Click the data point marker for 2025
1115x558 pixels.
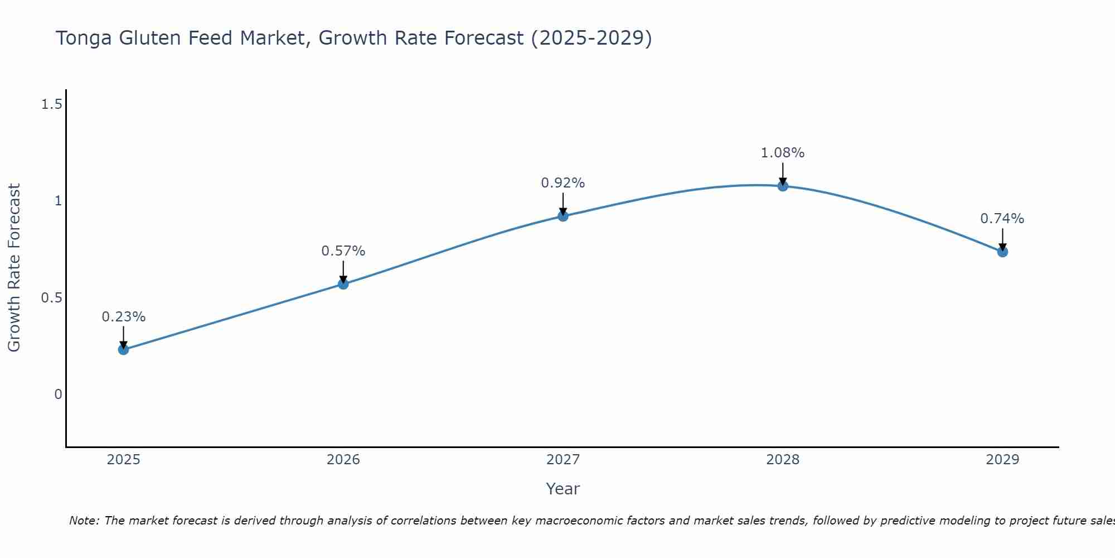(x=123, y=350)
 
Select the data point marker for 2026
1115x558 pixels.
(x=343, y=284)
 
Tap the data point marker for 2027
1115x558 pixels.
(x=563, y=216)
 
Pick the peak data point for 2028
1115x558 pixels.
(x=783, y=186)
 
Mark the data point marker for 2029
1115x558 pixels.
(x=1002, y=252)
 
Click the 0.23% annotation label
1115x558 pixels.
(x=123, y=317)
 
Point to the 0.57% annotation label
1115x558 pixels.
(x=343, y=251)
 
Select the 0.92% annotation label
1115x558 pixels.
(x=563, y=183)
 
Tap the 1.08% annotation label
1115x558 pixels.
(x=783, y=153)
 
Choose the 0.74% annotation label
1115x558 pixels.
(x=1002, y=219)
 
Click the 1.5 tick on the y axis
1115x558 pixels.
(x=51, y=104)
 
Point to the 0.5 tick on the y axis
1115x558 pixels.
(x=51, y=297)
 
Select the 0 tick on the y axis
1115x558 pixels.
(x=58, y=395)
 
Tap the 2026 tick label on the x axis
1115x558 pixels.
(x=343, y=460)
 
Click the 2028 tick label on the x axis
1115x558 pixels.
(x=783, y=460)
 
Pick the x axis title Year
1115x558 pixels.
(x=563, y=489)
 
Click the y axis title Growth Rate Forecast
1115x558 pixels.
(x=14, y=268)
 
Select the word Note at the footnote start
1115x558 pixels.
(x=84, y=521)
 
